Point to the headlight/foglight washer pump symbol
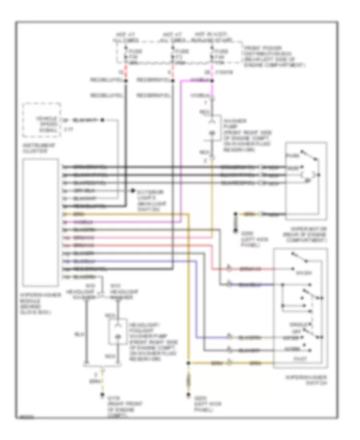coord(118,331)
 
